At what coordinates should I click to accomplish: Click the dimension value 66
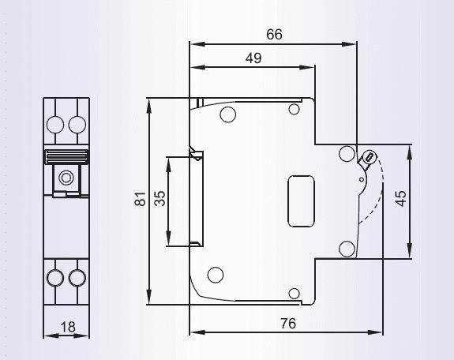point(274,34)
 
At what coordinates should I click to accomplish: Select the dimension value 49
point(253,58)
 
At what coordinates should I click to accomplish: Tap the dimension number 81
point(140,199)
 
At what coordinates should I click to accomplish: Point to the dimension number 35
point(159,199)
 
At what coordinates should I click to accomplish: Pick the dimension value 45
point(401,198)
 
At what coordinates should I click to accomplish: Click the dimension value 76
point(288,323)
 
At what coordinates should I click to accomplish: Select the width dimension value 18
point(68,327)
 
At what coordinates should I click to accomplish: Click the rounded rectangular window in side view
point(301,201)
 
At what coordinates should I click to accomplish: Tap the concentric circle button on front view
point(66,178)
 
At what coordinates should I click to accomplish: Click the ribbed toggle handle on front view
point(66,156)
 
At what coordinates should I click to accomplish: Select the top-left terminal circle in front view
point(55,125)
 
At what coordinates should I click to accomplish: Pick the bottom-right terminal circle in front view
point(77,277)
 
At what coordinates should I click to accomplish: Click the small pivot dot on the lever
point(362,179)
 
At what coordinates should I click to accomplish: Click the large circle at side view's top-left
point(228,114)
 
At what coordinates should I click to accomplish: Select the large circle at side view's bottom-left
point(216,275)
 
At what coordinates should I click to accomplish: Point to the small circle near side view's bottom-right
point(295,294)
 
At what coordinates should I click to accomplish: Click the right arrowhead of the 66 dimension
point(349,44)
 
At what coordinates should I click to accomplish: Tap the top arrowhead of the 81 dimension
point(148,106)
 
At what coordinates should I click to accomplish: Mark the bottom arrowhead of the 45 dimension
point(410,251)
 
